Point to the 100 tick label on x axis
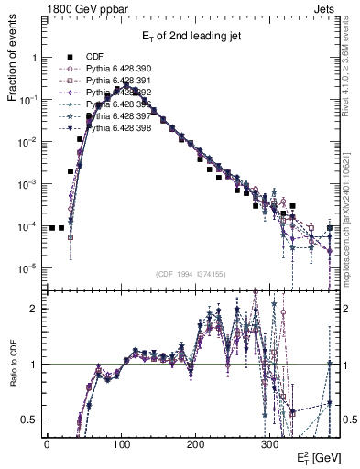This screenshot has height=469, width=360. pos(121,443)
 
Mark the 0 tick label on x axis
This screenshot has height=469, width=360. pos(47,443)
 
